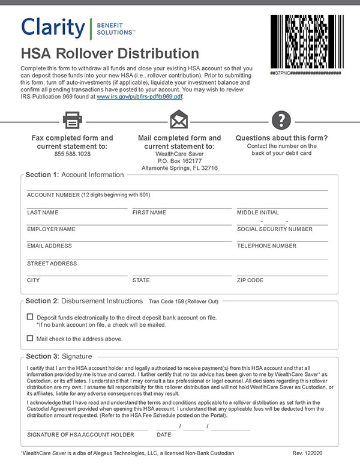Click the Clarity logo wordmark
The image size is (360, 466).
53,28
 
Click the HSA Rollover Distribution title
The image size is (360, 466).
110,53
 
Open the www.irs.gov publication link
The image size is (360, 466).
140,96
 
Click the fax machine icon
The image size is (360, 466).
72,120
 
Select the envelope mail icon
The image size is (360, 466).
179,120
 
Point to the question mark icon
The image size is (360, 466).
281,120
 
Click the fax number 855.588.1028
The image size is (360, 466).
72,154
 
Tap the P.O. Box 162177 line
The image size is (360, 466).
179,161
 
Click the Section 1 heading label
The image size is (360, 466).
74,175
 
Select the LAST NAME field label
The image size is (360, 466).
43,213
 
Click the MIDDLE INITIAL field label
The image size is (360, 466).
258,213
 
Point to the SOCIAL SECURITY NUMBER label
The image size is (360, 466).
275,229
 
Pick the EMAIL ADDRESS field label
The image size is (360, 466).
49,246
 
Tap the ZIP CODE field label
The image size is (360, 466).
250,280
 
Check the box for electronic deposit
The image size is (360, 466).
30,316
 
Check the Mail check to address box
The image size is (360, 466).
30,338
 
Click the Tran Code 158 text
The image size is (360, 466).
183,300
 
